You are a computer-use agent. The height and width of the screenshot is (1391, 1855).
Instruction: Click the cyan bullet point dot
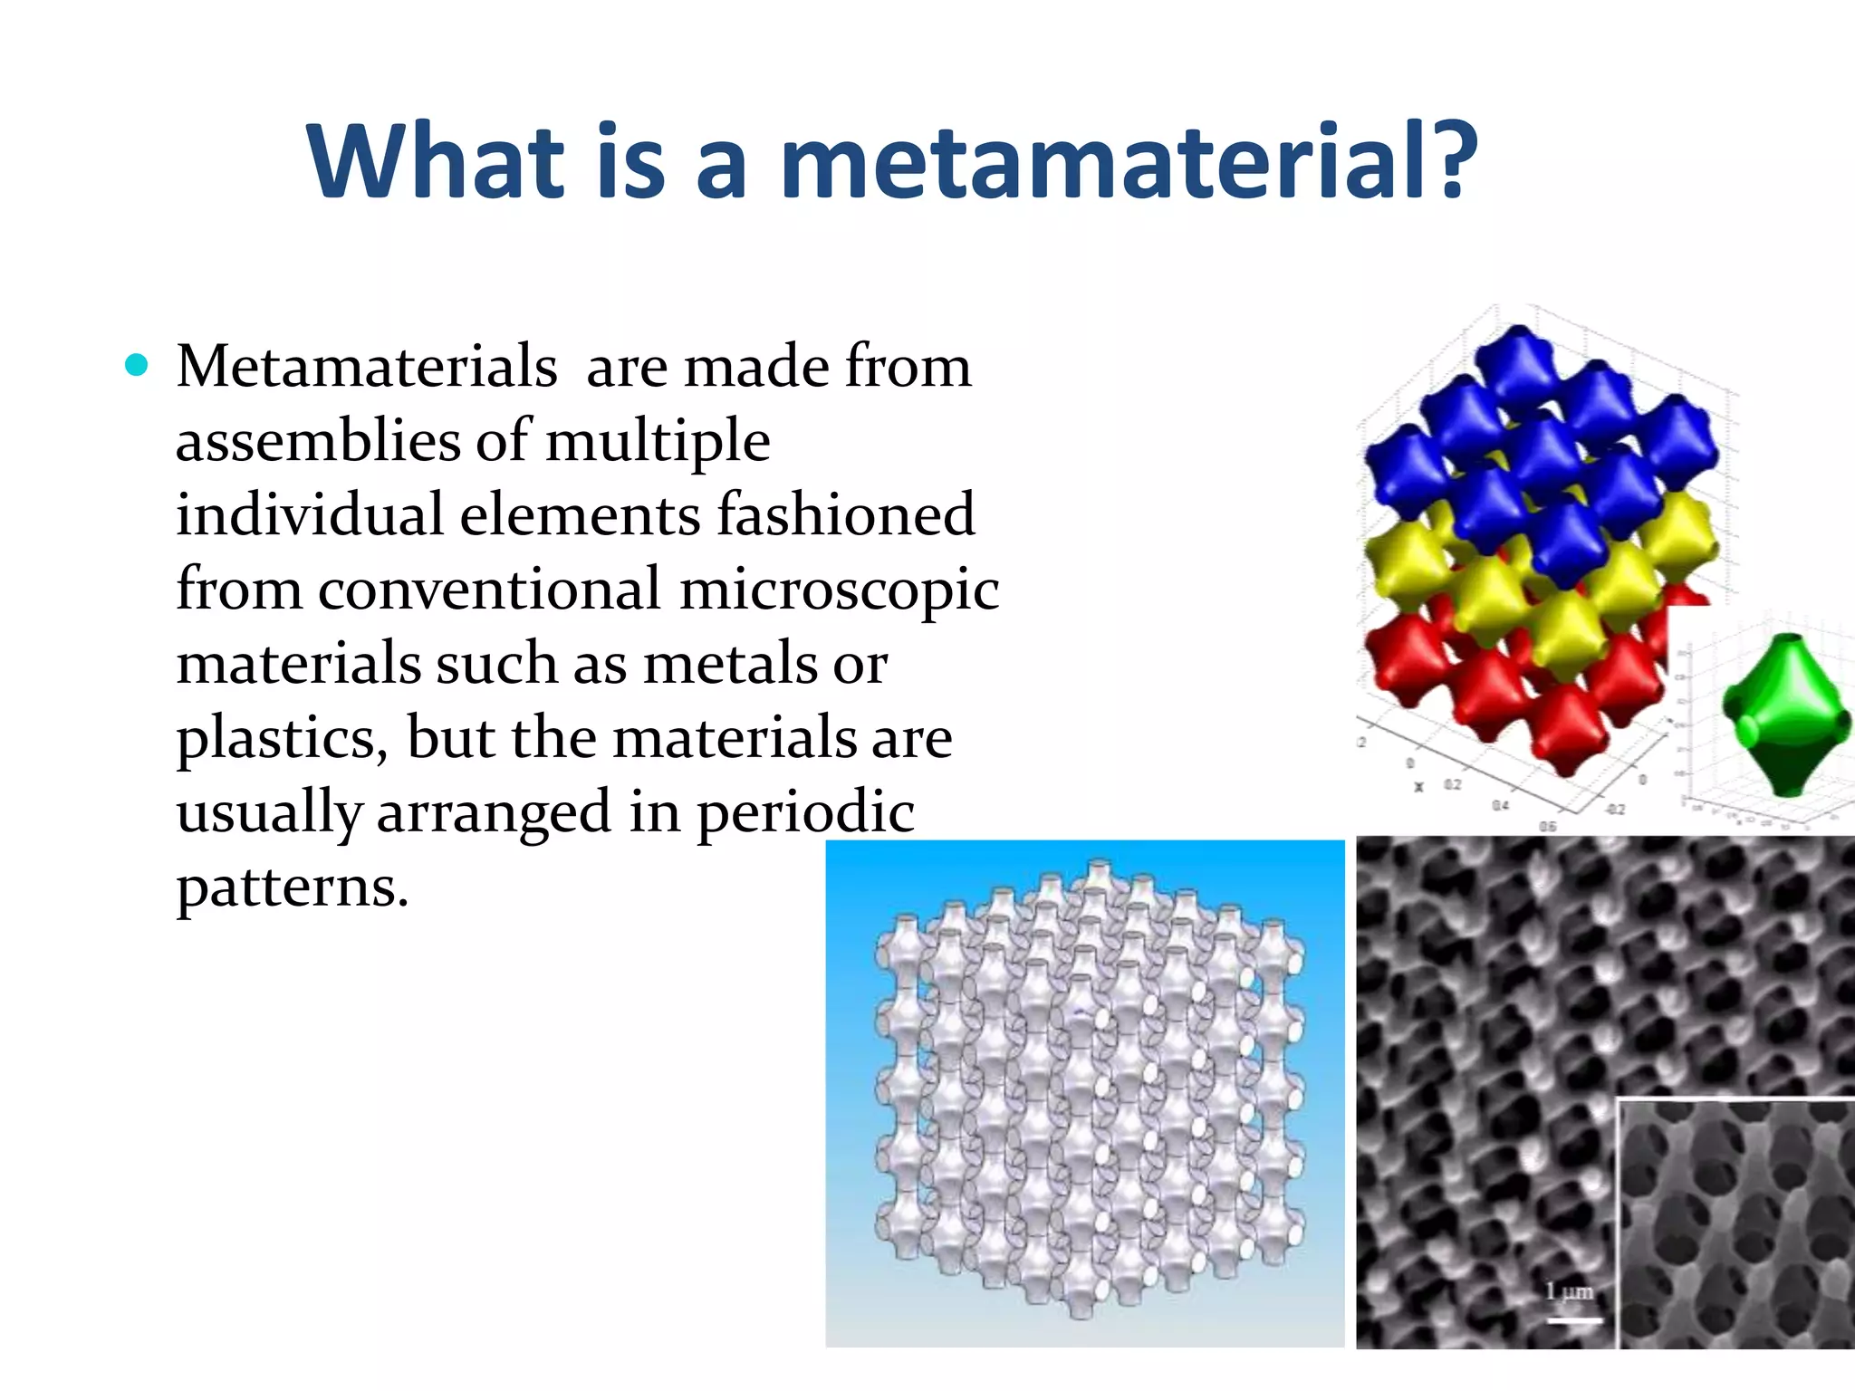click(x=137, y=365)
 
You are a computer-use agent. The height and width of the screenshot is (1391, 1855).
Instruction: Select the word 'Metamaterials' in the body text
click(x=366, y=367)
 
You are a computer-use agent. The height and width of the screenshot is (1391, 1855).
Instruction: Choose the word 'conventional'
click(x=489, y=590)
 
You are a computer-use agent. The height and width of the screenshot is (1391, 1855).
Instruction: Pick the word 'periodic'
click(x=805, y=812)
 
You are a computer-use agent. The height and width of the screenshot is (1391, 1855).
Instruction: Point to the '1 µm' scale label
click(x=1569, y=1291)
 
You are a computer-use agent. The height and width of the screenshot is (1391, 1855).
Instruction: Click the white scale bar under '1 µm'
click(x=1573, y=1319)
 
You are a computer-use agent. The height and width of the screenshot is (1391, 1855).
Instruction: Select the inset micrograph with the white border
click(x=1735, y=1223)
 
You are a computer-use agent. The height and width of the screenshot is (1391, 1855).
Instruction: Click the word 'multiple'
click(x=658, y=441)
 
